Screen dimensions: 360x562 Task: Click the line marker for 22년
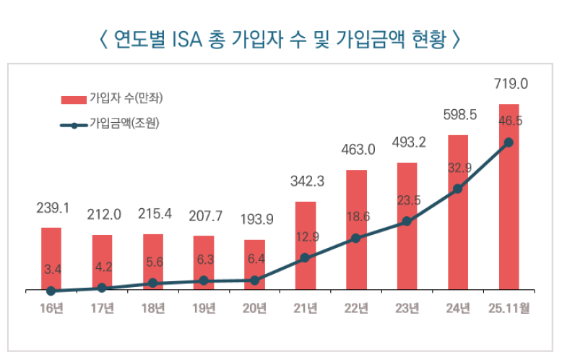[355, 239]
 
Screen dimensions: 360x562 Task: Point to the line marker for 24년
[457, 189]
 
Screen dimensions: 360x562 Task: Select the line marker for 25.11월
[509, 142]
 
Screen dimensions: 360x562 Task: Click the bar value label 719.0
[511, 84]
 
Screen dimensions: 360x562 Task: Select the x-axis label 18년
[153, 309]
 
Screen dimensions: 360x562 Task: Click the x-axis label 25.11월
[509, 309]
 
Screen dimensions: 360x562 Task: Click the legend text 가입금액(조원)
[124, 124]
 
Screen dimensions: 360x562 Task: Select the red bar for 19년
[204, 262]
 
